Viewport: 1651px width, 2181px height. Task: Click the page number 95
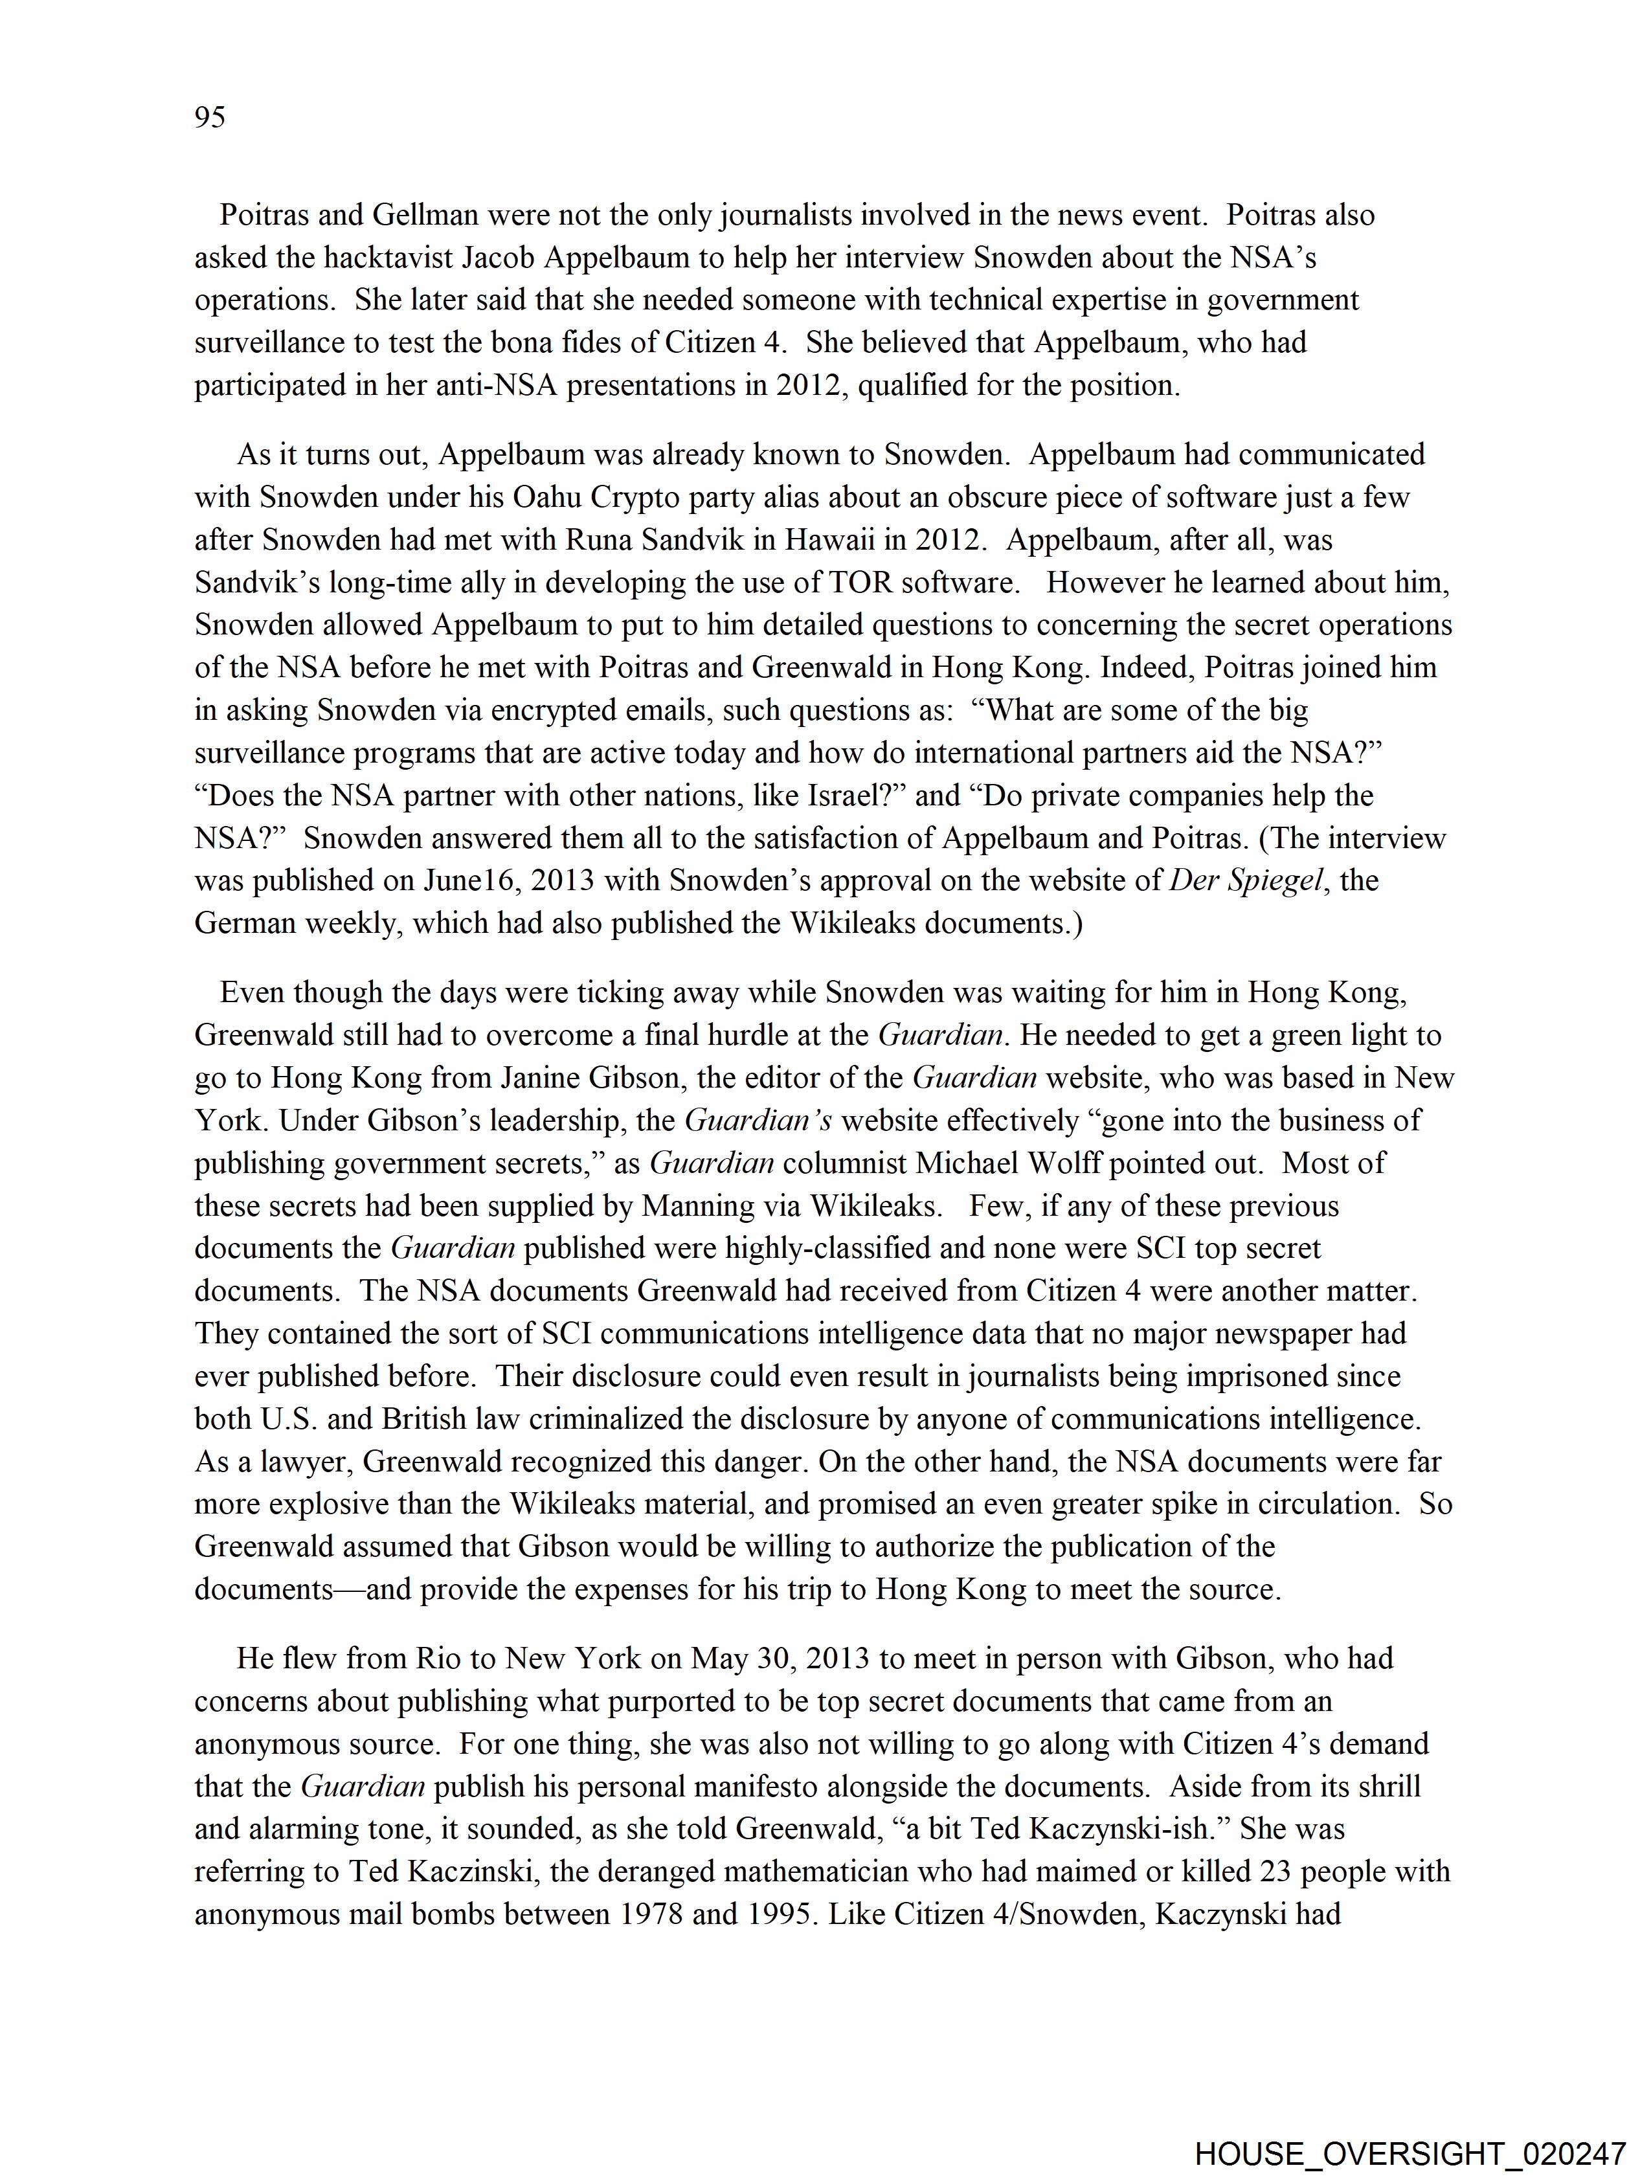click(x=210, y=118)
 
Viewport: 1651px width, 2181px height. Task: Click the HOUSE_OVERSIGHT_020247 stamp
click(x=1410, y=2151)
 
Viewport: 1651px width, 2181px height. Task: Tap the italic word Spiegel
click(x=1272, y=880)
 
